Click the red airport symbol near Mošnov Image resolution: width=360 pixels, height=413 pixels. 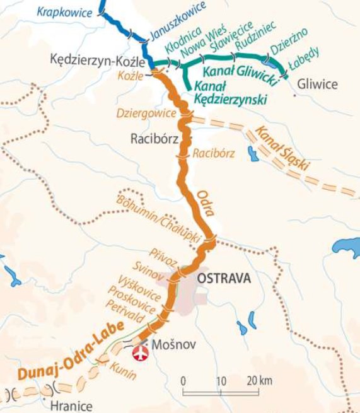pyautogui.click(x=137, y=354)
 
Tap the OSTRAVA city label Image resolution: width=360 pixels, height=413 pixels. pyautogui.click(x=224, y=278)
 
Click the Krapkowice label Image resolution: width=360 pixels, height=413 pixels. pyautogui.click(x=63, y=12)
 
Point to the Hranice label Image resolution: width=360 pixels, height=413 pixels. pyautogui.click(x=72, y=407)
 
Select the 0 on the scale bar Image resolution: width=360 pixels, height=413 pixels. pyautogui.click(x=183, y=381)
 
